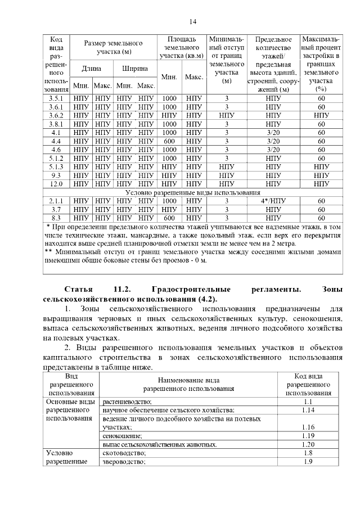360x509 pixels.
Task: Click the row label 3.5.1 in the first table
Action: (x=56, y=98)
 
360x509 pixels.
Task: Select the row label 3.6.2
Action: (x=56, y=115)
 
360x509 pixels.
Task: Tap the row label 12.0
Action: (x=56, y=183)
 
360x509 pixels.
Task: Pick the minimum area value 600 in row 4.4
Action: (x=169, y=141)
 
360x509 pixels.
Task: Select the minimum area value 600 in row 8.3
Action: (x=169, y=218)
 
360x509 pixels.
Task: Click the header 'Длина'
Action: (x=91, y=69)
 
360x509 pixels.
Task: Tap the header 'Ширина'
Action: (x=135, y=69)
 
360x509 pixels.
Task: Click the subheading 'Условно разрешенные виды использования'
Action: (x=193, y=192)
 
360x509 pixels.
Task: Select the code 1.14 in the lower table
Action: (x=308, y=411)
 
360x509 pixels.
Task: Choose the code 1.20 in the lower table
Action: (x=308, y=444)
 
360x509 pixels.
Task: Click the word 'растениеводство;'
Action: (x=128, y=402)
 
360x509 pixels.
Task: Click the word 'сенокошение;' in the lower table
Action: (x=122, y=436)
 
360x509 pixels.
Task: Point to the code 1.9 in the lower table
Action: (x=308, y=462)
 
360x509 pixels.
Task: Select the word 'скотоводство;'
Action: (x=124, y=453)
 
